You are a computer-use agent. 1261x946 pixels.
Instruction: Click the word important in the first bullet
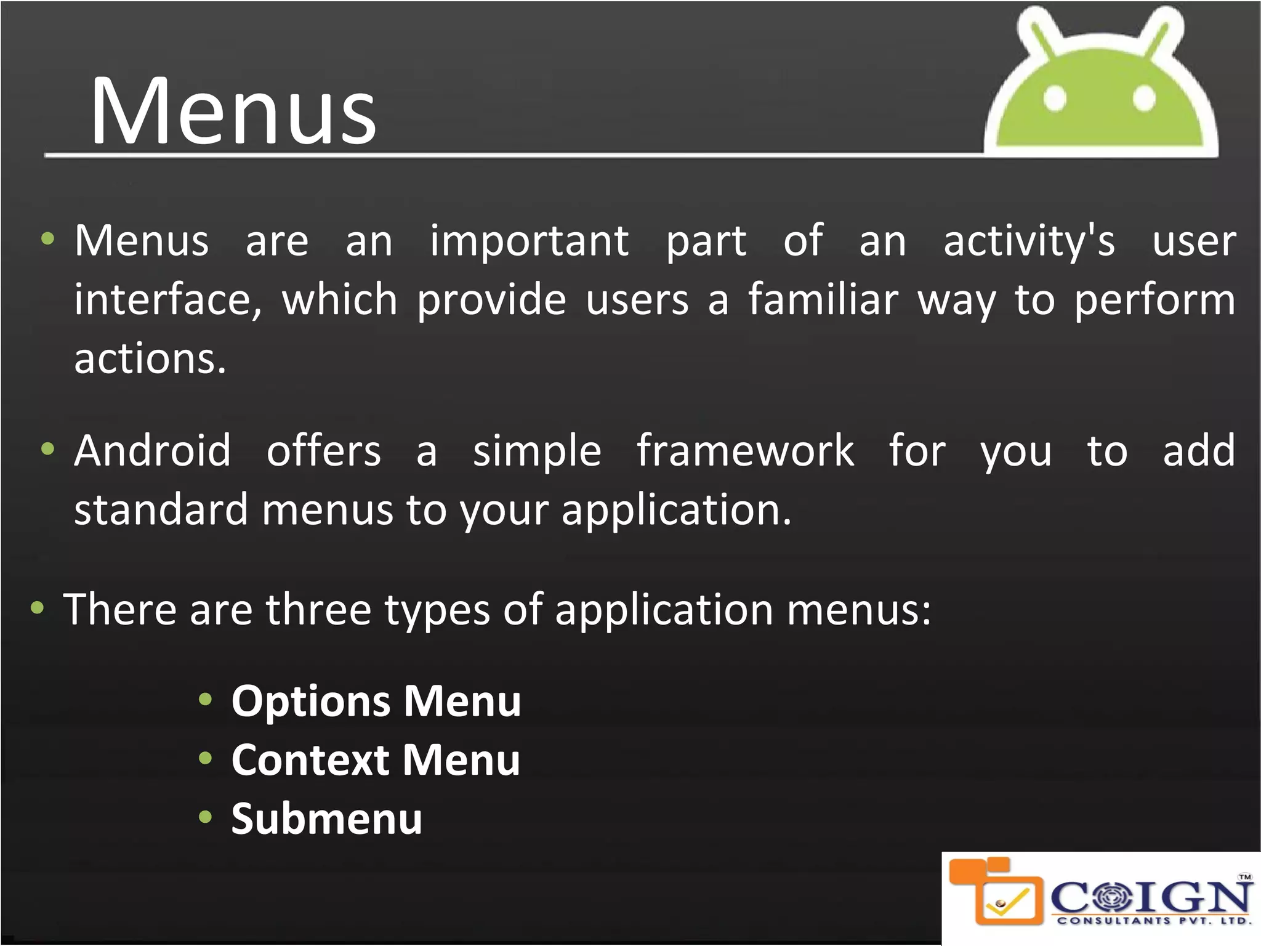[x=529, y=241]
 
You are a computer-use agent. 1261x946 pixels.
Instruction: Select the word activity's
[x=1029, y=241]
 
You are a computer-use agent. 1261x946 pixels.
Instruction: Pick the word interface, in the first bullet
[x=167, y=300]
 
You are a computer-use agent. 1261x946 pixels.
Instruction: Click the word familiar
[x=823, y=300]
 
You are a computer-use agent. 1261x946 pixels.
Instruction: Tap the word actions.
[x=150, y=358]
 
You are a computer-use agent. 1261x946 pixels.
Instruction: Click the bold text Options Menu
[x=376, y=701]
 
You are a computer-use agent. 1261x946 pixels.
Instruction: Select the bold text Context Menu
[x=376, y=760]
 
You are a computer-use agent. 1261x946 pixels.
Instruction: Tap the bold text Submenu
[x=327, y=819]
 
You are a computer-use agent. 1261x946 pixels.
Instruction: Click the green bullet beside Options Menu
[x=206, y=700]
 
